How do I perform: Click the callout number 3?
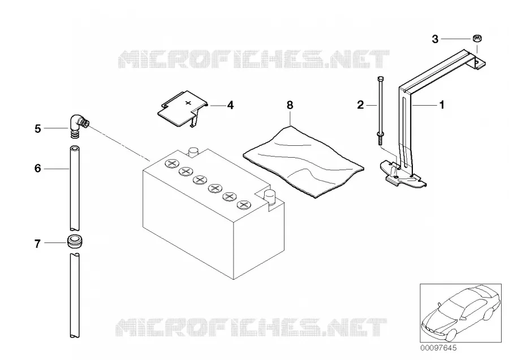435,39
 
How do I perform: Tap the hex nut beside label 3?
477,38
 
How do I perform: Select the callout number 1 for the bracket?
442,105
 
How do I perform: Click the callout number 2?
360,105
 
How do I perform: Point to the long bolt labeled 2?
381,110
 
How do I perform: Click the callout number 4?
230,105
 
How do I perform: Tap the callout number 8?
290,105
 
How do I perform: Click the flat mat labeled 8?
304,162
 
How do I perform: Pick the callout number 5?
38,129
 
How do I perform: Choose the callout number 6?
38,168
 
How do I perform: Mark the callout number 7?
38,244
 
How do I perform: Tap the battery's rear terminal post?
193,152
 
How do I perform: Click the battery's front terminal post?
269,196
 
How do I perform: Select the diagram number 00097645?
438,348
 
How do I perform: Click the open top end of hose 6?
75,148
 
